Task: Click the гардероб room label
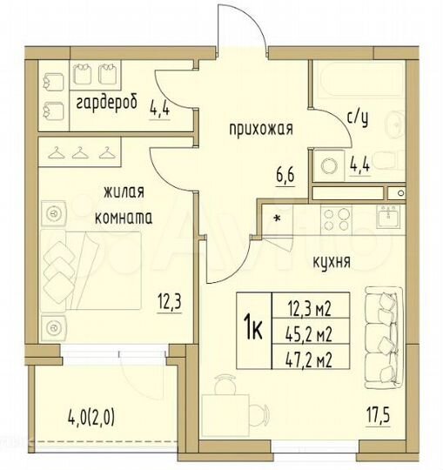tap(106, 104)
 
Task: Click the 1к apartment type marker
tap(254, 328)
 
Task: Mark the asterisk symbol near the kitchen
tap(278, 218)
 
